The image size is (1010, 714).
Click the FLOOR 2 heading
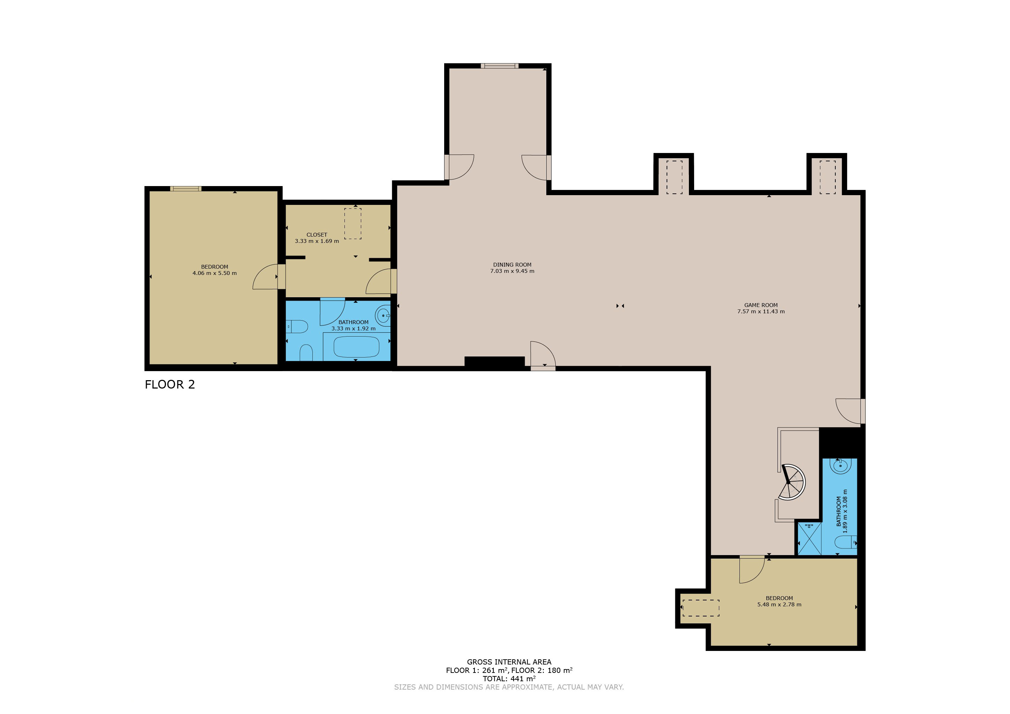pos(170,384)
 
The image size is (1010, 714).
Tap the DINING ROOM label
pos(512,265)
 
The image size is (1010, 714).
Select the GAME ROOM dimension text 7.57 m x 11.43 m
pos(761,311)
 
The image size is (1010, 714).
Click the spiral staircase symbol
pos(791,482)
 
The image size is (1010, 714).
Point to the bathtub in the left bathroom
pos(356,347)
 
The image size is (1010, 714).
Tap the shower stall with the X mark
pos(809,539)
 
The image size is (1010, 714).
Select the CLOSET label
pos(317,235)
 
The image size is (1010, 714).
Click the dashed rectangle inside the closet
pos(352,224)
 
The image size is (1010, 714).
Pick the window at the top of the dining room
pos(499,66)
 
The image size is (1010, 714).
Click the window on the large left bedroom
pos(185,189)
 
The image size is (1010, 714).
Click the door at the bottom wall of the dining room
pos(543,355)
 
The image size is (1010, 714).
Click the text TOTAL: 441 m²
pos(509,678)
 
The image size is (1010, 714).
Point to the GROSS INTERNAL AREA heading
pos(509,662)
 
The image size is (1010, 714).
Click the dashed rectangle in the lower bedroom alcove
pos(700,608)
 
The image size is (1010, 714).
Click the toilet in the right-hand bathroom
pos(845,542)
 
